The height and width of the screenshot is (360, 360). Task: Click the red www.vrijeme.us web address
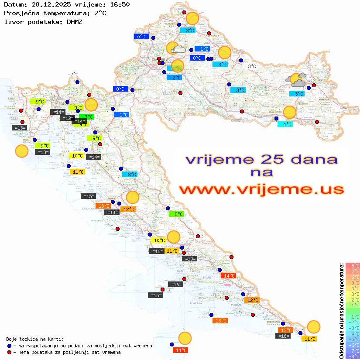point(261,189)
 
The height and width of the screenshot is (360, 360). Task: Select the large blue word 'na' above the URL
point(261,172)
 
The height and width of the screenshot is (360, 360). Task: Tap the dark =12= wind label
point(67,118)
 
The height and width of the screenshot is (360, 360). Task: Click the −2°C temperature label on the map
point(73,75)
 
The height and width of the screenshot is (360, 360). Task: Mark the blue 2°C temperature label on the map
point(175,78)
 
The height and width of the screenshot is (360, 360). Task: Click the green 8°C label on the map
point(177,214)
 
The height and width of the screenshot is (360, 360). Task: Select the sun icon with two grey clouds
point(296,80)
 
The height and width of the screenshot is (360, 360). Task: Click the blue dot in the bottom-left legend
point(10,346)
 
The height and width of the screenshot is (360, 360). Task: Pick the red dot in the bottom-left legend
point(10,352)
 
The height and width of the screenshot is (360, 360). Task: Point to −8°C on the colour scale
point(353,356)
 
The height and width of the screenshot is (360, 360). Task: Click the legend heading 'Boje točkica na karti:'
point(35,339)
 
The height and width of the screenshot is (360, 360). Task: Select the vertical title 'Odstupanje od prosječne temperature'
point(341,311)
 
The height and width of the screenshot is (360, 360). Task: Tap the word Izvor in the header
point(13,21)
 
